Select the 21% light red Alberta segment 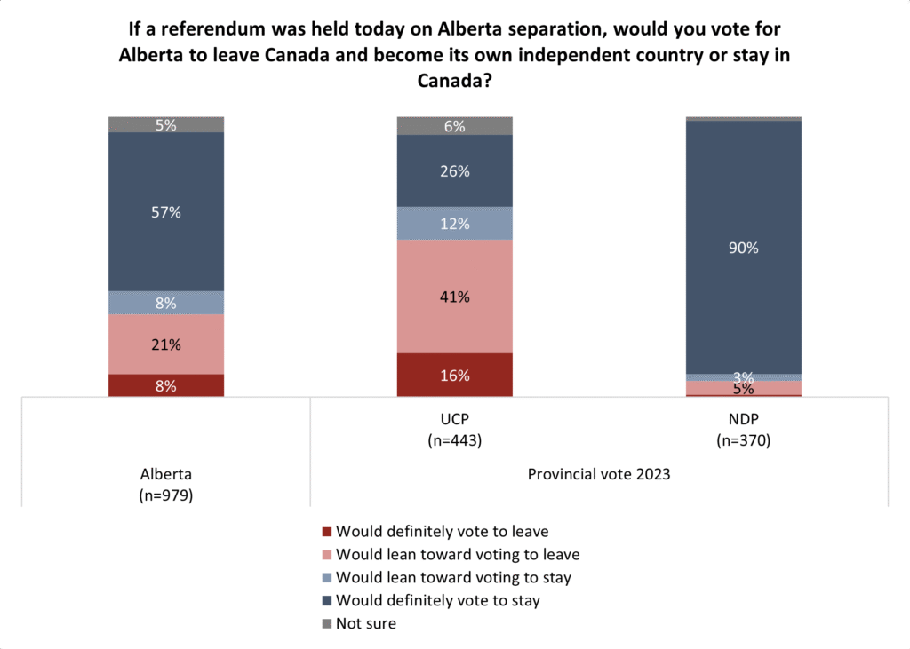pyautogui.click(x=166, y=344)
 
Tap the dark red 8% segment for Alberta pyautogui.click(x=166, y=385)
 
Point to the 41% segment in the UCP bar pyautogui.click(x=455, y=296)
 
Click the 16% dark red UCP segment pyautogui.click(x=455, y=375)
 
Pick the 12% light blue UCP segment pyautogui.click(x=455, y=224)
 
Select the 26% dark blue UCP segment pyautogui.click(x=455, y=171)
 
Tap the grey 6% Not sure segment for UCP pyautogui.click(x=455, y=126)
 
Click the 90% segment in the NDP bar pyautogui.click(x=744, y=248)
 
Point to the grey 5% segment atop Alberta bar pyautogui.click(x=166, y=125)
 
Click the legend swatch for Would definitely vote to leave pyautogui.click(x=327, y=532)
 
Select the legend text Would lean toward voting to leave pyautogui.click(x=458, y=554)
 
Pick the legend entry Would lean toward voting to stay pyautogui.click(x=453, y=577)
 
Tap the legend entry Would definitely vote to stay pyautogui.click(x=438, y=600)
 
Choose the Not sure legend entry pyautogui.click(x=366, y=623)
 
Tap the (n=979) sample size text pyautogui.click(x=166, y=495)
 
